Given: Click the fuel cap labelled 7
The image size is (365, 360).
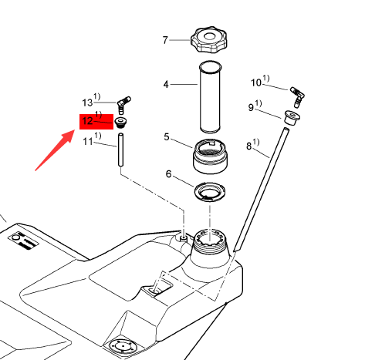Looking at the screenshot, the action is click(x=209, y=39).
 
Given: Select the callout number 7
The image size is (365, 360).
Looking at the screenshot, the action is click(x=165, y=40).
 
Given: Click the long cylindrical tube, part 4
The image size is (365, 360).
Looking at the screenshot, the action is click(x=211, y=97).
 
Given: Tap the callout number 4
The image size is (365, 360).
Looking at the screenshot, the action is click(x=166, y=84).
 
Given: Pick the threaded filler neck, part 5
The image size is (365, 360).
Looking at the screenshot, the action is click(x=210, y=156).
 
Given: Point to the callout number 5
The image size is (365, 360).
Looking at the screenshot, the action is click(x=167, y=137).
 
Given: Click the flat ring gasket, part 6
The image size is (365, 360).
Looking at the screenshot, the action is click(x=210, y=192).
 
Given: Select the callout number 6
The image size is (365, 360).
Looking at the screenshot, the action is click(x=168, y=174).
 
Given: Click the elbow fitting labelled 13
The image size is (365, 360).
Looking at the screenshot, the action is click(x=123, y=104).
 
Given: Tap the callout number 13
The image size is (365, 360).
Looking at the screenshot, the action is click(x=87, y=103).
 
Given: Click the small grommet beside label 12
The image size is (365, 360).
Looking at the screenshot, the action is click(x=120, y=123).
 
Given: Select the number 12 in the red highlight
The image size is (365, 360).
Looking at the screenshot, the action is click(x=87, y=121).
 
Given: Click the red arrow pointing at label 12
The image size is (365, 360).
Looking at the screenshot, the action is click(x=56, y=150).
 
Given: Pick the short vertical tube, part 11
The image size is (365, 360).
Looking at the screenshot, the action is click(x=120, y=150).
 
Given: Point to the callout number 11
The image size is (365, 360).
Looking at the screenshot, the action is click(x=88, y=141).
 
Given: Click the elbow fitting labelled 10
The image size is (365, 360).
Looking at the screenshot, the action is click(x=298, y=96).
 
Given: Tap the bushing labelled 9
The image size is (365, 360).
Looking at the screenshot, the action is click(x=292, y=118).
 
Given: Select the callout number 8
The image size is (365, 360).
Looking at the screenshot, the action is click(x=248, y=146).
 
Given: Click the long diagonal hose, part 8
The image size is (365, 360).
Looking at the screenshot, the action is click(x=262, y=190).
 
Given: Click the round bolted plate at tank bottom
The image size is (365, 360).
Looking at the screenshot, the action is click(x=121, y=347).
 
